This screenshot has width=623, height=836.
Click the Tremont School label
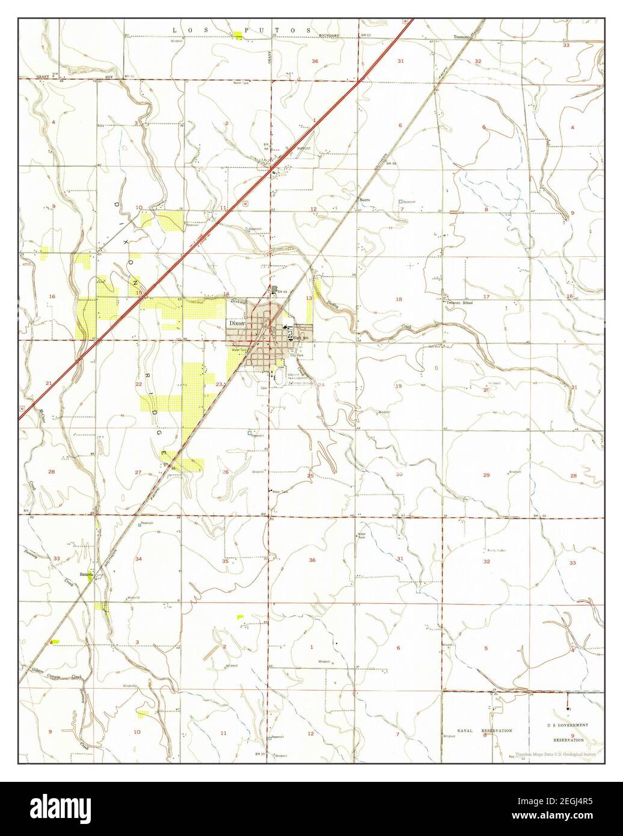(x=459, y=303)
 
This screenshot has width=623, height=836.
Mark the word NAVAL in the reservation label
(x=467, y=730)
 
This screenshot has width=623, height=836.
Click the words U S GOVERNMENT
(x=568, y=725)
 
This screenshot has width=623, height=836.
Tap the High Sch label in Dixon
(x=300, y=339)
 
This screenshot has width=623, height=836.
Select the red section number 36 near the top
(x=315, y=61)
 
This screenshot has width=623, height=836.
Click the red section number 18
(x=398, y=299)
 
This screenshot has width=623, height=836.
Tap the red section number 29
(x=486, y=475)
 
